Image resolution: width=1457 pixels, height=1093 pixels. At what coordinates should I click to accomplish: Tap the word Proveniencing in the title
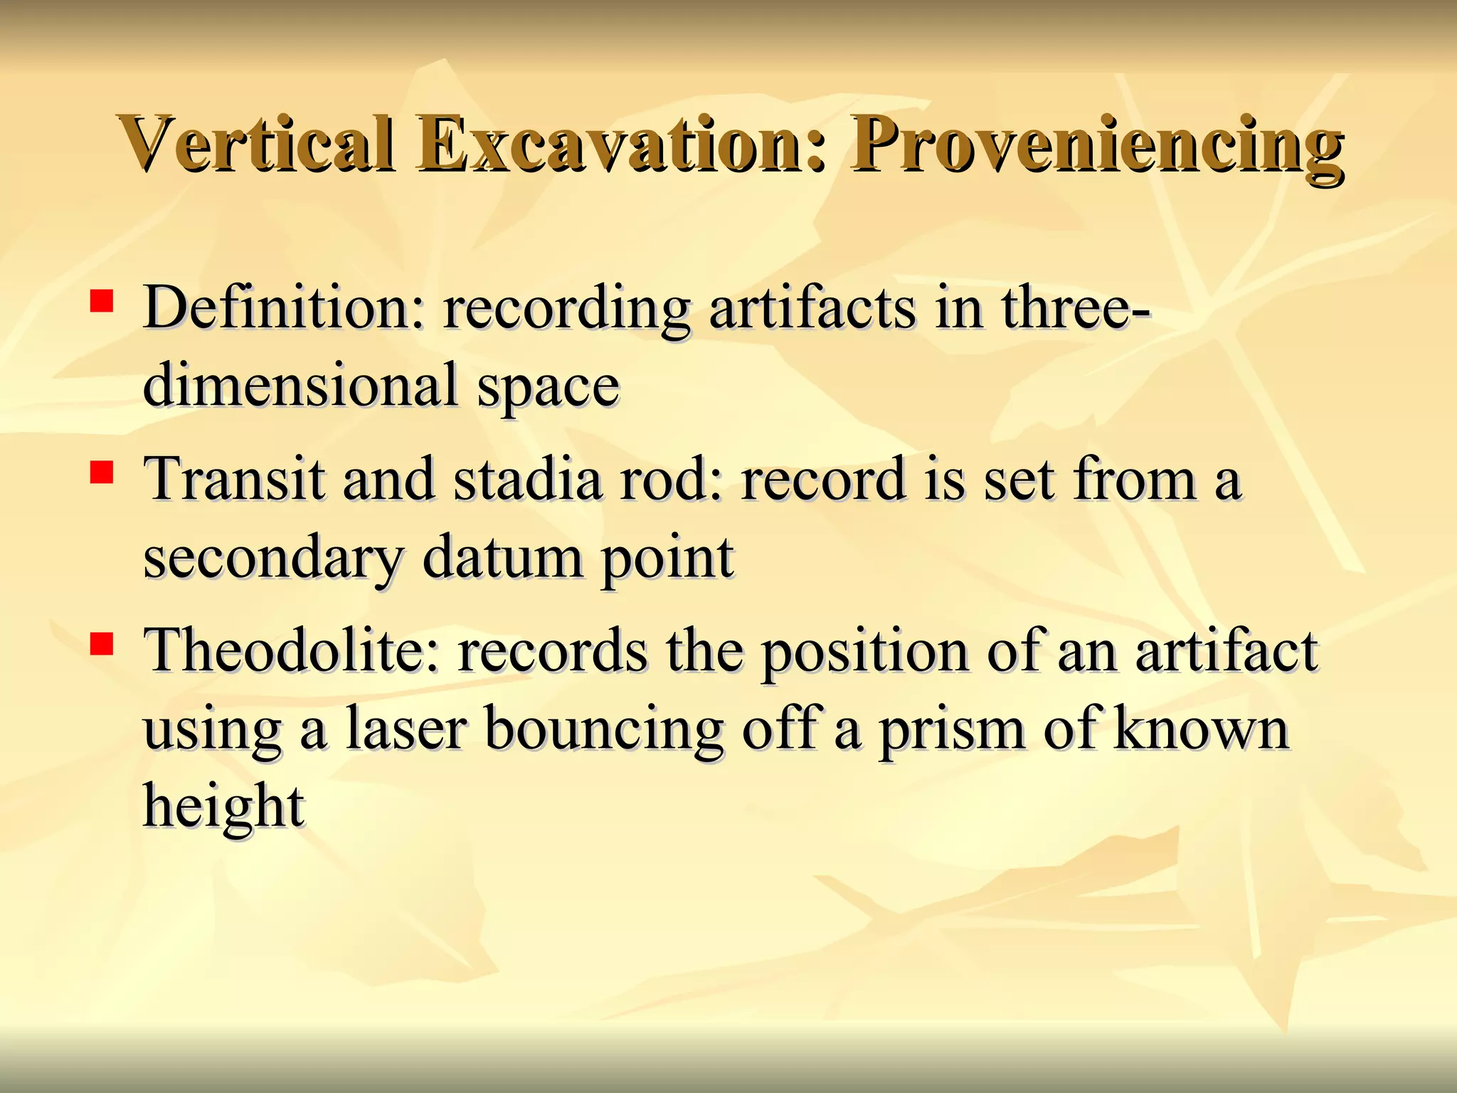[1096, 146]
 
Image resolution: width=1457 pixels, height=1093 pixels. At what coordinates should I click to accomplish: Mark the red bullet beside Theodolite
[102, 643]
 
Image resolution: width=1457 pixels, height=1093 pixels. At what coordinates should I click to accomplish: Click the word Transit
[234, 479]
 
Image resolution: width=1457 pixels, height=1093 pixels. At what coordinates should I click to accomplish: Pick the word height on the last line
[224, 807]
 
